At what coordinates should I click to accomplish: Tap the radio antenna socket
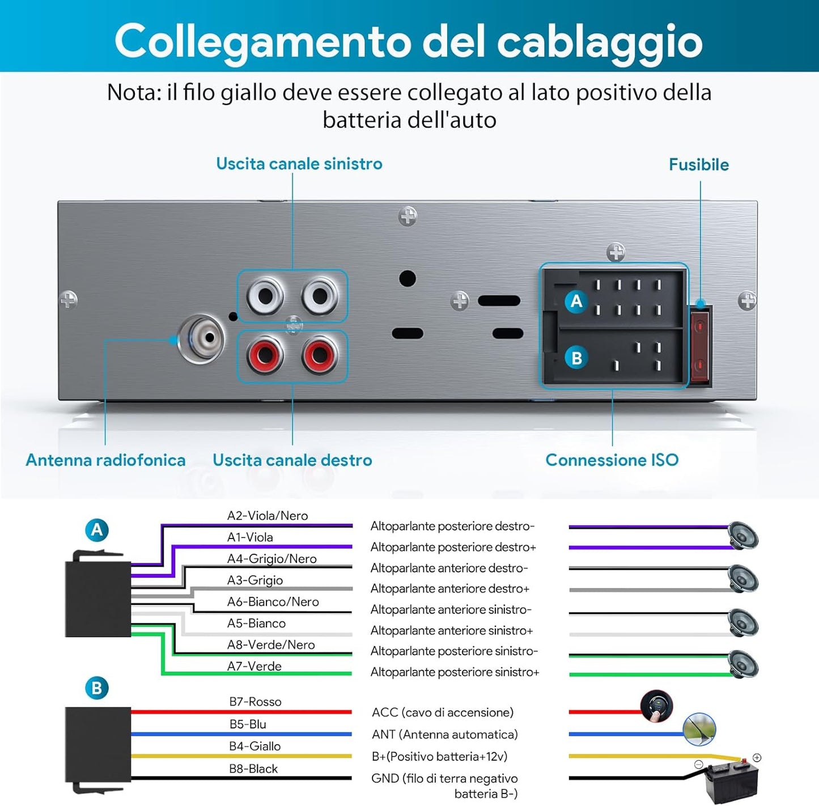pos(202,338)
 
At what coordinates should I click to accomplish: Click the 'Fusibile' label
pos(698,165)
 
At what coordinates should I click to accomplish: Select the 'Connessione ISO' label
pos(612,460)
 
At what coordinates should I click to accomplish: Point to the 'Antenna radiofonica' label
pos(105,460)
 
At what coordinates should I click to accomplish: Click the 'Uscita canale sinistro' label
pos(299,164)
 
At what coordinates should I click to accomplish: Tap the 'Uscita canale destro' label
pos(292,460)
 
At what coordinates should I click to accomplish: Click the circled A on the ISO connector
pos(576,301)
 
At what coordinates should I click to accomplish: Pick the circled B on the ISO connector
pos(576,358)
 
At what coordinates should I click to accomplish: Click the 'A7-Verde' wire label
pos(254,666)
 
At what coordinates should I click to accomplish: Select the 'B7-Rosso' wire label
pos(255,702)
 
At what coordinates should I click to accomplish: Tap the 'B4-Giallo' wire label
pos(254,746)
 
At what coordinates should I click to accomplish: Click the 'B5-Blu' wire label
pos(248,724)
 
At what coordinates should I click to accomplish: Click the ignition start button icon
pos(656,706)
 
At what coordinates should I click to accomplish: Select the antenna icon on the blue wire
pos(699,729)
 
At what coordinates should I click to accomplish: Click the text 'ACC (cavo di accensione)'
pos(442,712)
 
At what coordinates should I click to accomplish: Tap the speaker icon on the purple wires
pos(742,536)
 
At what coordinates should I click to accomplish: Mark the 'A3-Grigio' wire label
pos(254,580)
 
